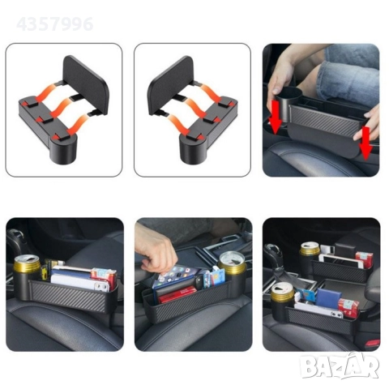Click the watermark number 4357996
click(x=55, y=24)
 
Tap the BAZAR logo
click(x=340, y=365)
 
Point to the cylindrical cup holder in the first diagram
click(x=63, y=149)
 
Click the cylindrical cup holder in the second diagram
click(x=194, y=149)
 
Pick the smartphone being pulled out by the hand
click(x=177, y=277)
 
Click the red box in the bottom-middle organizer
click(x=177, y=295)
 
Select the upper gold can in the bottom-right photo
click(x=310, y=249)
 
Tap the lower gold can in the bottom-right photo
click(x=282, y=293)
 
